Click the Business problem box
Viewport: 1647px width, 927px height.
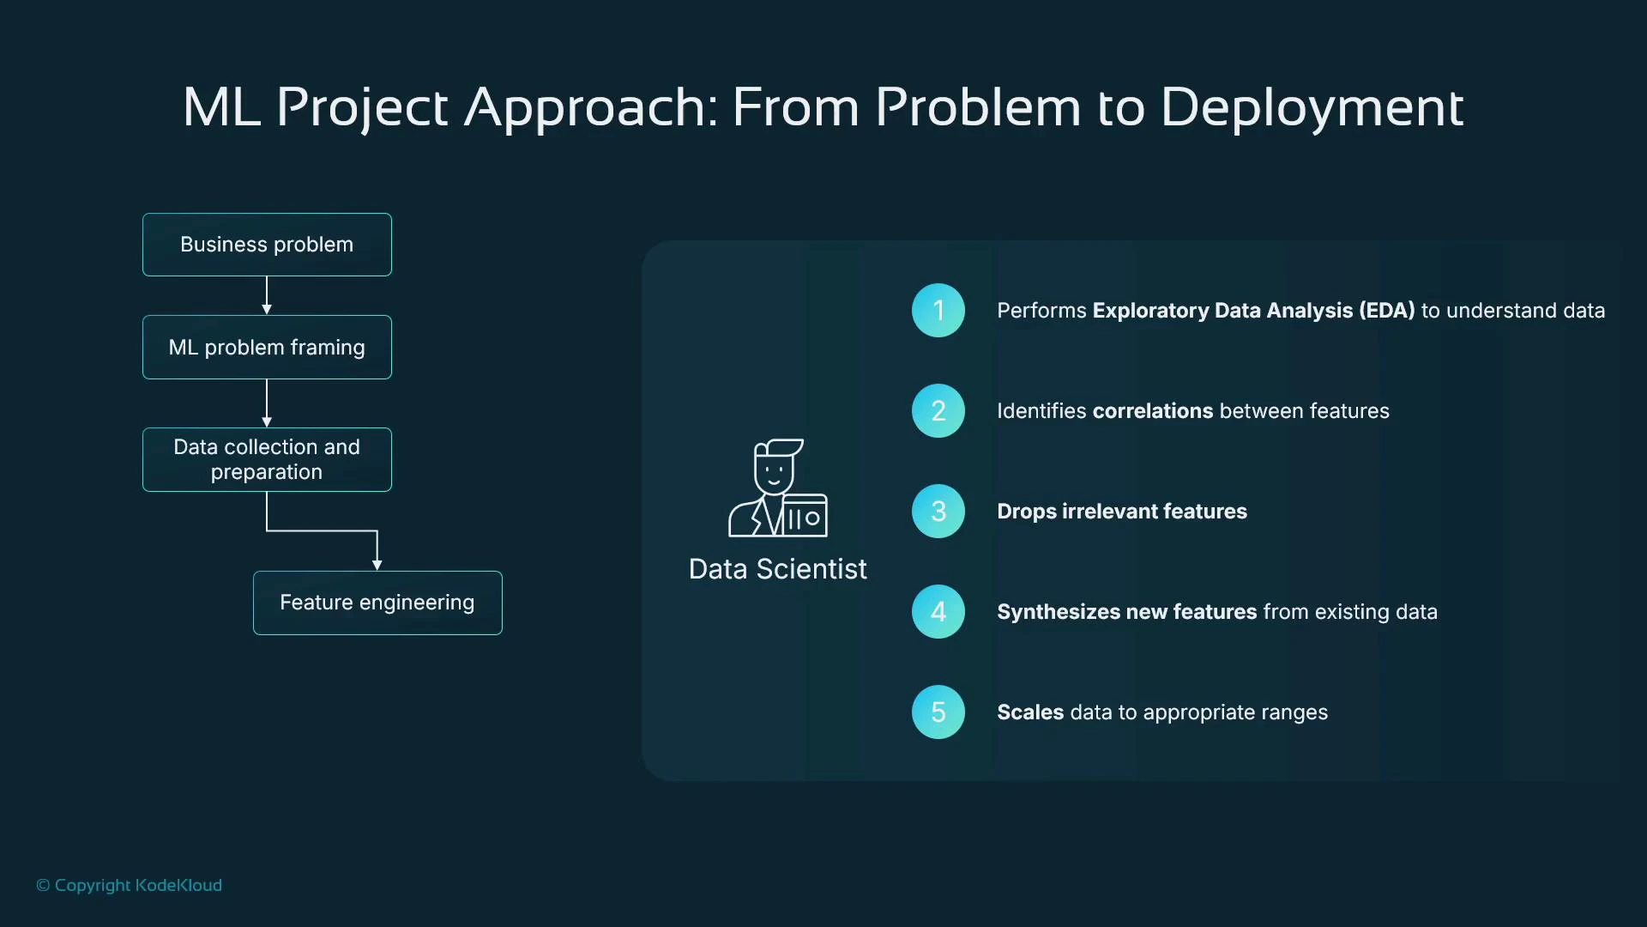pos(267,245)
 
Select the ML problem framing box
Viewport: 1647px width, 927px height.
pos(267,347)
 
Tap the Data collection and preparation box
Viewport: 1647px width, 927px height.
pos(267,459)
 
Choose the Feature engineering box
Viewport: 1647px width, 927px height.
pos(377,603)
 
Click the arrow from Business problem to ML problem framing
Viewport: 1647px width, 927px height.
pos(267,295)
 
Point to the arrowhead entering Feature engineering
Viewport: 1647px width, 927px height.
pos(377,564)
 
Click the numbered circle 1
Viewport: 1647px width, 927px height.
pos(938,310)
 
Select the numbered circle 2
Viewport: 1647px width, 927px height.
pos(938,410)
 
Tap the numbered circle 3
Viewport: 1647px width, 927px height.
pos(938,511)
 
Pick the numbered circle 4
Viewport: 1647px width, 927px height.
pos(938,611)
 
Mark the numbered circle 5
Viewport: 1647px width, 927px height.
pos(938,712)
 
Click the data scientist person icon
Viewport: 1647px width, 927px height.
pos(777,488)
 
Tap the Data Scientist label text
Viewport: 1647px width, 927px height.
pos(777,569)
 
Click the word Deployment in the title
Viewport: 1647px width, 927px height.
pos(1311,108)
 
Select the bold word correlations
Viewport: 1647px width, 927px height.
pos(1153,411)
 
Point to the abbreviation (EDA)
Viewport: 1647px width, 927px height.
pos(1386,311)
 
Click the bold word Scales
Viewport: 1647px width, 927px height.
pos(1030,712)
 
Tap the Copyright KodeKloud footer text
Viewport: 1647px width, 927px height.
pos(129,885)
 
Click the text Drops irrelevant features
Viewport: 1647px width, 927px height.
pos(1121,512)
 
